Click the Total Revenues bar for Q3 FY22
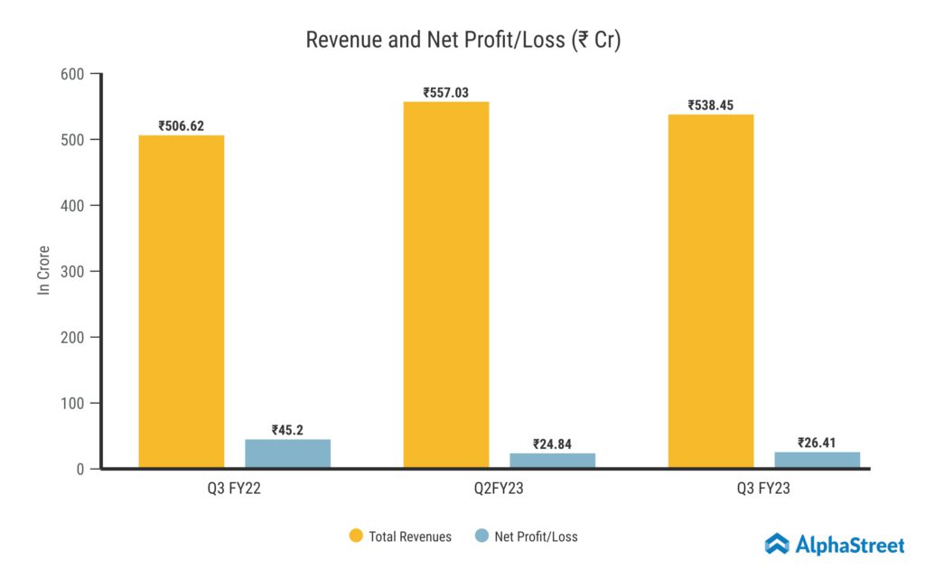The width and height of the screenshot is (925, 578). [x=181, y=302]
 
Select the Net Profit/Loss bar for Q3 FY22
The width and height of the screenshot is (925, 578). [x=287, y=453]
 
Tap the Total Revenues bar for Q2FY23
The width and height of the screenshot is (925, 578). [x=445, y=284]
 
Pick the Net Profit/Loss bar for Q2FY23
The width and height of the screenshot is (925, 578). [x=552, y=461]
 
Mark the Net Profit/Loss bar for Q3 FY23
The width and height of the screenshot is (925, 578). [x=817, y=460]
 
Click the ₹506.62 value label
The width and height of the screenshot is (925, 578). [x=181, y=126]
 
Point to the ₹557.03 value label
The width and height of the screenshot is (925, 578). [x=445, y=92]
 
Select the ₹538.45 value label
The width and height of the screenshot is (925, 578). [x=710, y=105]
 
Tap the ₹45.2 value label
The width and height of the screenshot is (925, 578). [x=287, y=430]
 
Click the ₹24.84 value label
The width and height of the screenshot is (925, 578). [x=552, y=443]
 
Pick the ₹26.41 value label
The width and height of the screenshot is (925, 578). [x=817, y=443]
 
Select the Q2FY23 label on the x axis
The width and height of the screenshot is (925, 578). [x=499, y=489]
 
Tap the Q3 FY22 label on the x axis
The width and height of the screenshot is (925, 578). [x=234, y=489]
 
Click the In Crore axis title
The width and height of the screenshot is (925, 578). [x=42, y=270]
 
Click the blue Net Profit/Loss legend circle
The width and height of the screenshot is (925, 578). [x=481, y=536]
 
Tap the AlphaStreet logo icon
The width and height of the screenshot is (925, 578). [x=777, y=544]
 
